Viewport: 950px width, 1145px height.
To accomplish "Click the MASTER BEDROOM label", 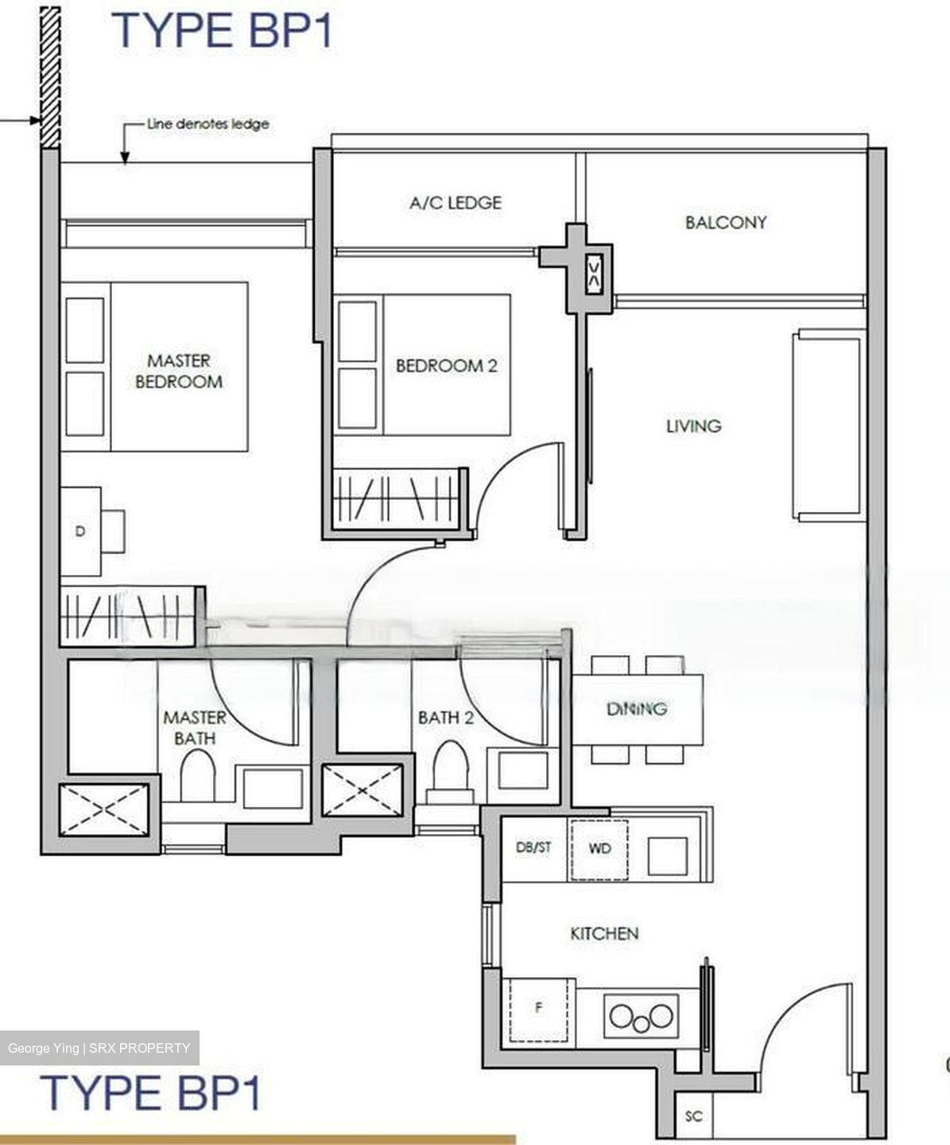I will [x=179, y=371].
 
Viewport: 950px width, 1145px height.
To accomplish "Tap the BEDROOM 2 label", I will [x=446, y=366].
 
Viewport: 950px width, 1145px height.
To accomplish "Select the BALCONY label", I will [x=725, y=222].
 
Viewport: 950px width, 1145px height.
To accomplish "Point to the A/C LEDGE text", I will [x=456, y=203].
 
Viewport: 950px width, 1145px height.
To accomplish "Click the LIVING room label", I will [x=693, y=426].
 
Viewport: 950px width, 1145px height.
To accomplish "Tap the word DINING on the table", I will [x=637, y=708].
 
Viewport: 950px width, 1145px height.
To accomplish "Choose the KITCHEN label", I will [x=604, y=933].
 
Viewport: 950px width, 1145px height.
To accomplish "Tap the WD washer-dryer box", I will [x=599, y=849].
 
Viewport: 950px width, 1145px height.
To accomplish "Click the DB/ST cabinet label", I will [x=533, y=848].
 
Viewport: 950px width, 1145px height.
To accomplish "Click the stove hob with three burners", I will [x=641, y=1016].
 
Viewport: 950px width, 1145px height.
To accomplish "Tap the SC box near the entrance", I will [x=693, y=1116].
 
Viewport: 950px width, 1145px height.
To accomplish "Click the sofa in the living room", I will [x=827, y=425].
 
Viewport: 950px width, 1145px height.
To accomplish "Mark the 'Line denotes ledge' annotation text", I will [x=208, y=124].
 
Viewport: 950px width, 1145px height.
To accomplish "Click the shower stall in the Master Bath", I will [x=105, y=809].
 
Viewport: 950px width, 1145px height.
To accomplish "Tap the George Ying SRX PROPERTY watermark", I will [x=99, y=1048].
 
